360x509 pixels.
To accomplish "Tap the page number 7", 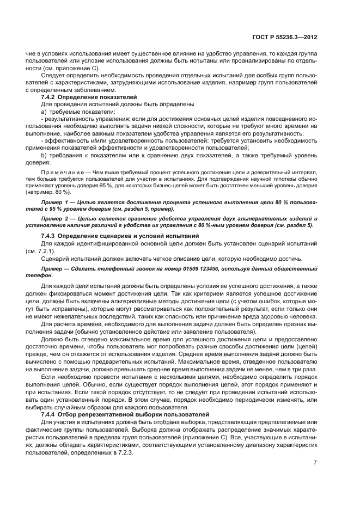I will coord(315,462).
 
